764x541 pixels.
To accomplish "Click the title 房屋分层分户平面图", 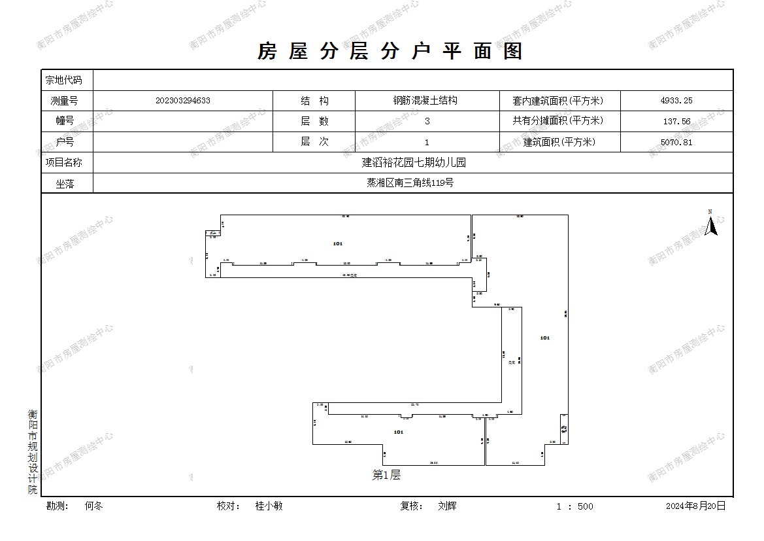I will pos(390,52).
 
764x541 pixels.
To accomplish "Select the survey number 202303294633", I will pos(183,101).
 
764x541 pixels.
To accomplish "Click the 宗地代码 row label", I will pos(63,80).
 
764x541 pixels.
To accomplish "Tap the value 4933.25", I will pos(676,101).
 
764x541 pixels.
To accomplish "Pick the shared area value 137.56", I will pos(676,122).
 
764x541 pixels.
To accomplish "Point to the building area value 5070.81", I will pos(676,142).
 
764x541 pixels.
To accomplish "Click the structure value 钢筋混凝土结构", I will pos(425,101).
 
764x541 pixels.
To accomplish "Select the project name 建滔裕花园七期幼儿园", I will pos(414,162).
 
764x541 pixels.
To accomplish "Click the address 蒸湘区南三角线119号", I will pos(410,183).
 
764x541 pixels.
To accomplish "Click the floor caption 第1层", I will pos(386,476).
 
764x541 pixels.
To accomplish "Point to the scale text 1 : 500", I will pos(575,506).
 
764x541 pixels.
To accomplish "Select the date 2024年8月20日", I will pos(695,506).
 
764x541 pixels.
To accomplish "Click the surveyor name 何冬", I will pos(94,506).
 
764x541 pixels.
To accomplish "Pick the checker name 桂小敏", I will pos(269,506).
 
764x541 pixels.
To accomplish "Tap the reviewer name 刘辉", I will pos(448,506).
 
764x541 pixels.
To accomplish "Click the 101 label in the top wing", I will pos(337,243).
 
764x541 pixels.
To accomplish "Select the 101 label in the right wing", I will pos(545,338).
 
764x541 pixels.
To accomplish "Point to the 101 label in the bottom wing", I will pos(399,432).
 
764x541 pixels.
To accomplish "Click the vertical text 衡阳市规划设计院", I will pos(33,451).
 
